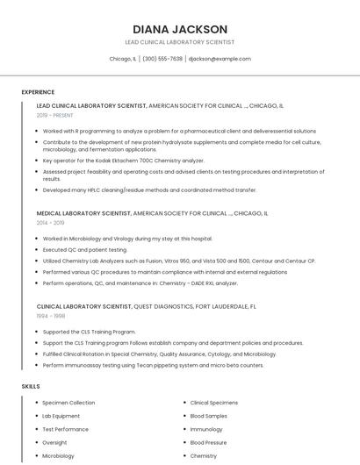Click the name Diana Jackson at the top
click(180, 29)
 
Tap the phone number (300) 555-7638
click(162, 59)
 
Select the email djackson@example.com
click(220, 59)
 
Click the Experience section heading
click(38, 92)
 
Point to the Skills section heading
click(31, 386)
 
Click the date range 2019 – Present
click(54, 115)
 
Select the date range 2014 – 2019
click(49, 223)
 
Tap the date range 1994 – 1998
click(49, 316)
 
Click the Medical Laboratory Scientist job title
click(83, 213)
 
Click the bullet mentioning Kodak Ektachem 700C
click(123, 161)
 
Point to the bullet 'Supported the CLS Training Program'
click(89, 332)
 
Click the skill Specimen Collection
click(68, 403)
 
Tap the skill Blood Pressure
click(209, 443)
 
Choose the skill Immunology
click(206, 429)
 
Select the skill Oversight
click(54, 443)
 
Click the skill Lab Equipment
click(61, 416)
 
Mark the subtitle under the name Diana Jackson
click(180, 42)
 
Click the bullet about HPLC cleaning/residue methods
click(149, 190)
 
